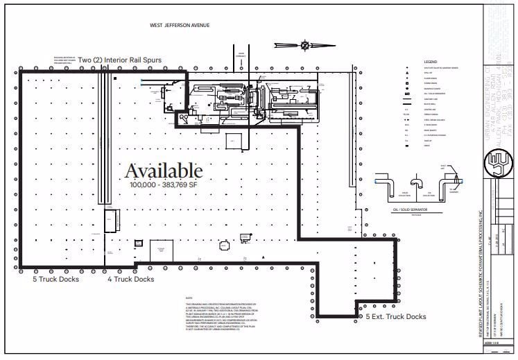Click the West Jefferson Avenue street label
point(180,25)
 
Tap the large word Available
point(164,171)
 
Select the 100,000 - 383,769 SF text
point(164,185)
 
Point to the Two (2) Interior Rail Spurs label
point(120,60)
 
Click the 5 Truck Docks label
point(55,280)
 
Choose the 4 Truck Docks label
point(130,280)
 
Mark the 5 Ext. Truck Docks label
point(396,316)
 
